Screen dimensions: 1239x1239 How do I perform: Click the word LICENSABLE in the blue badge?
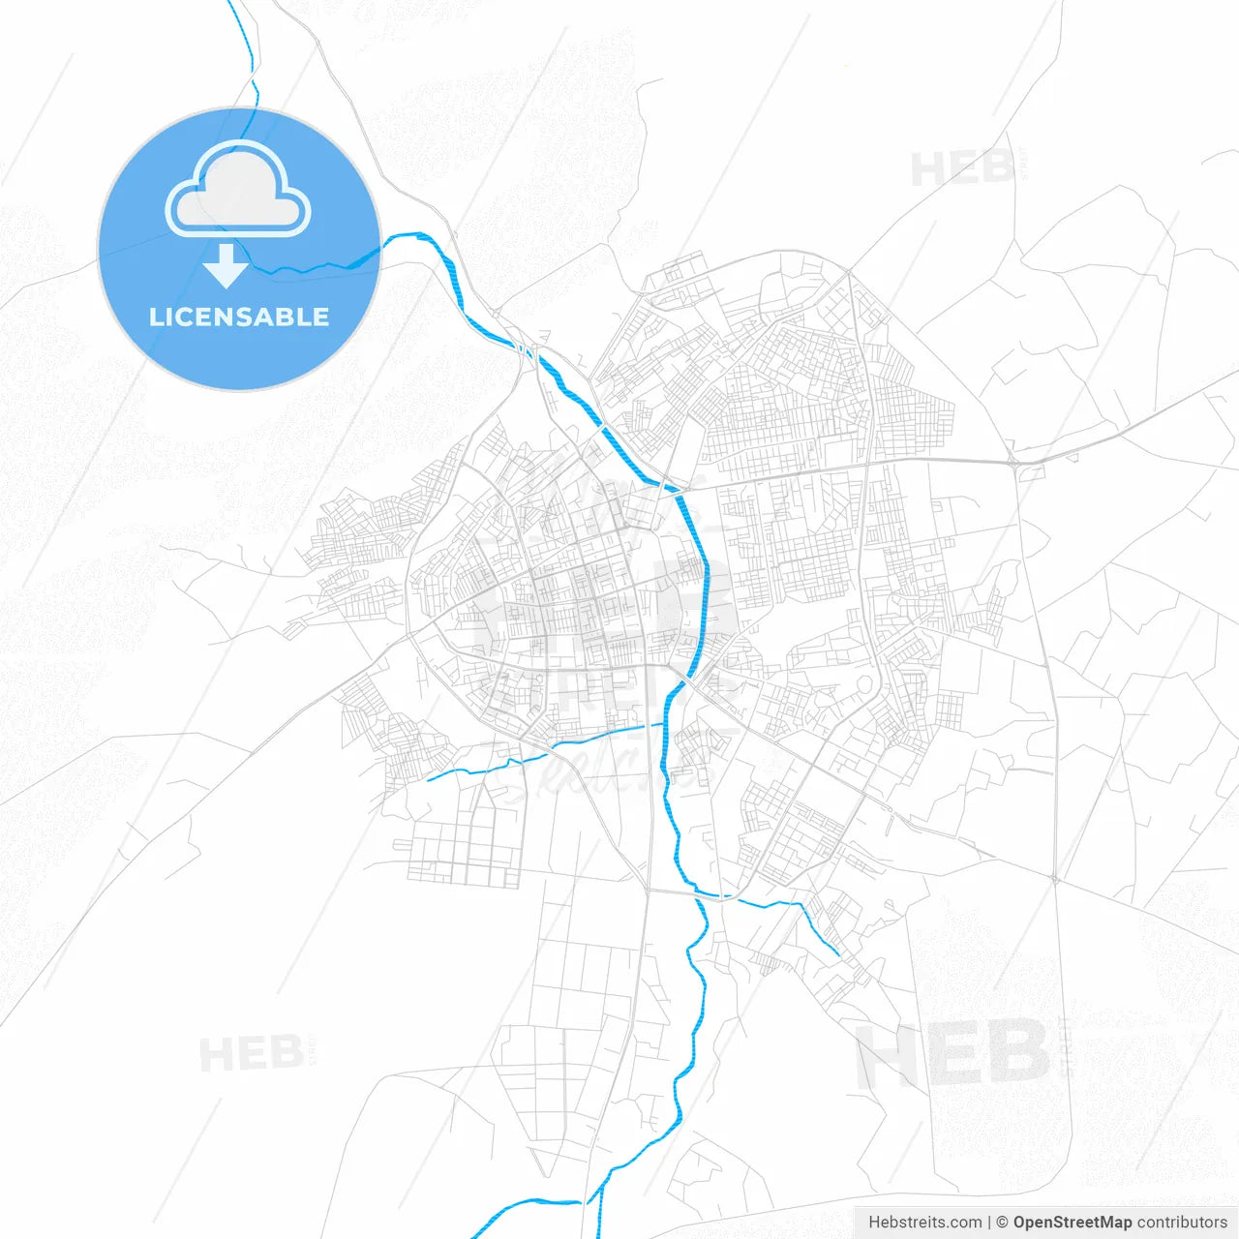(239, 317)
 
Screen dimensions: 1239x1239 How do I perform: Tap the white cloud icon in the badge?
(238, 190)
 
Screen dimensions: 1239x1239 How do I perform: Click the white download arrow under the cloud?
(227, 266)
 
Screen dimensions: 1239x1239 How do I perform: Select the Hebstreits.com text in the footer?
(924, 1223)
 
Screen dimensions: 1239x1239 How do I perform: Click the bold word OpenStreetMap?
(1073, 1223)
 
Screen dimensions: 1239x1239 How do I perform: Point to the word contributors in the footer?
(1182, 1223)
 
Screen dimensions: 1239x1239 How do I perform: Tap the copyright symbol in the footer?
(1003, 1223)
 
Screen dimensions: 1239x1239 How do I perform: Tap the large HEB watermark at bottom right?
(952, 1053)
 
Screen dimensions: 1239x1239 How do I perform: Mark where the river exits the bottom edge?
(474, 1237)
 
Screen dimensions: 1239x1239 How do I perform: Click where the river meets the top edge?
(229, 2)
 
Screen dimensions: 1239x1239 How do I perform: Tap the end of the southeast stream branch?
(838, 955)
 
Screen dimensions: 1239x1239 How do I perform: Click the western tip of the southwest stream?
(428, 779)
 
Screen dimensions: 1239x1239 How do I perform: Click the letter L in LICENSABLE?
(155, 317)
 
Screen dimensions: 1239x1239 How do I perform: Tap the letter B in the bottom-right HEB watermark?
(1016, 1053)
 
